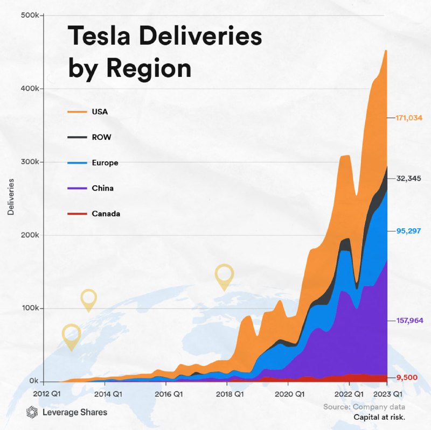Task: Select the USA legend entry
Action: [100, 112]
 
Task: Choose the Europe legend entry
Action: [105, 163]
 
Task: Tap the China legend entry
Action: [103, 188]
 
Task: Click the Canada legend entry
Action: [106, 214]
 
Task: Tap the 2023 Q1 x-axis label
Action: [387, 393]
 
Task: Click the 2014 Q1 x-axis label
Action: [104, 393]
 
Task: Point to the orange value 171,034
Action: [407, 117]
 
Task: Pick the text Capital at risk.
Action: [379, 417]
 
